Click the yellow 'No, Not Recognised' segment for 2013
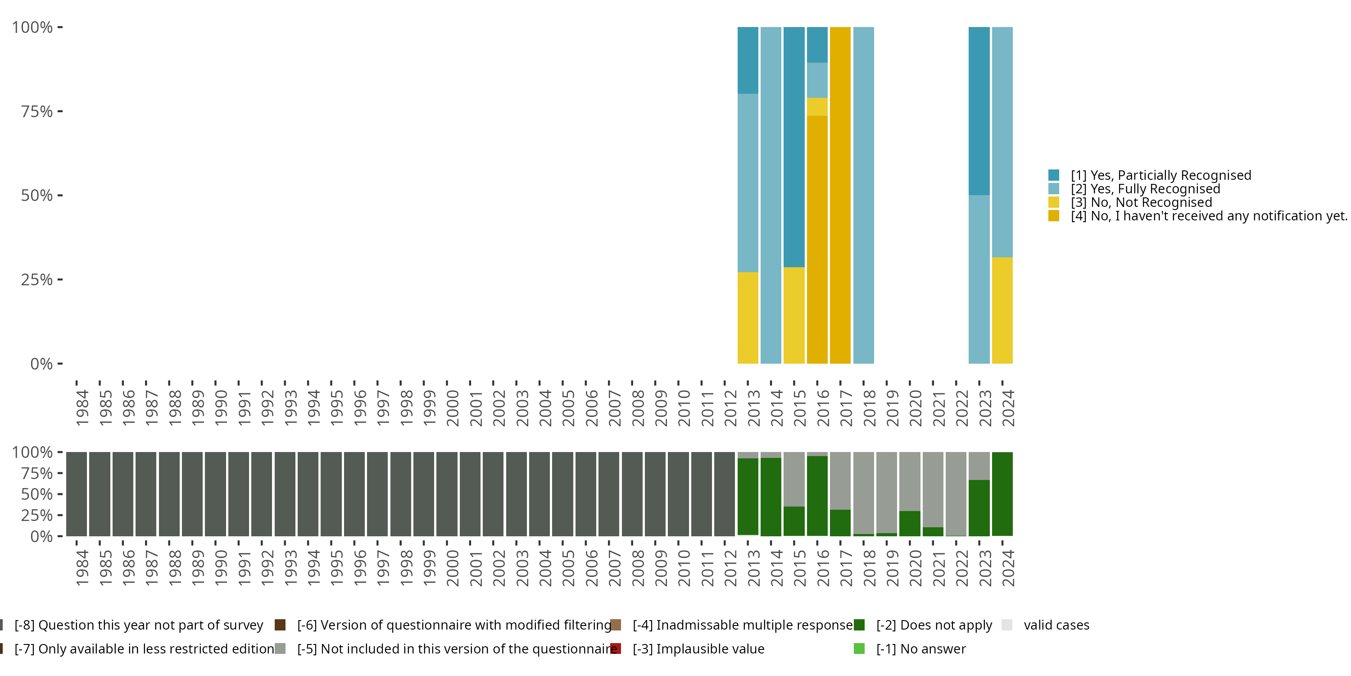click(748, 318)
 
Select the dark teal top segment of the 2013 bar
click(748, 60)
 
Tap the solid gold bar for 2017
click(840, 195)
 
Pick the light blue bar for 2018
click(863, 195)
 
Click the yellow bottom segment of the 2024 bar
click(1002, 310)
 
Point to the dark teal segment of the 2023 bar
click(979, 111)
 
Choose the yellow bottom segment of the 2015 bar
click(794, 315)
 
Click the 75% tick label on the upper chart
click(37, 112)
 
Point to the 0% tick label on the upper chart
click(41, 364)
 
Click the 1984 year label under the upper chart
click(82, 408)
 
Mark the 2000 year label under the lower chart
click(453, 568)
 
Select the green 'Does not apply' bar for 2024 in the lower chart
click(1002, 494)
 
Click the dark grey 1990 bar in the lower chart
click(216, 494)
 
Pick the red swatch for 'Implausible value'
click(616, 649)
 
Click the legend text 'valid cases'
click(1056, 625)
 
